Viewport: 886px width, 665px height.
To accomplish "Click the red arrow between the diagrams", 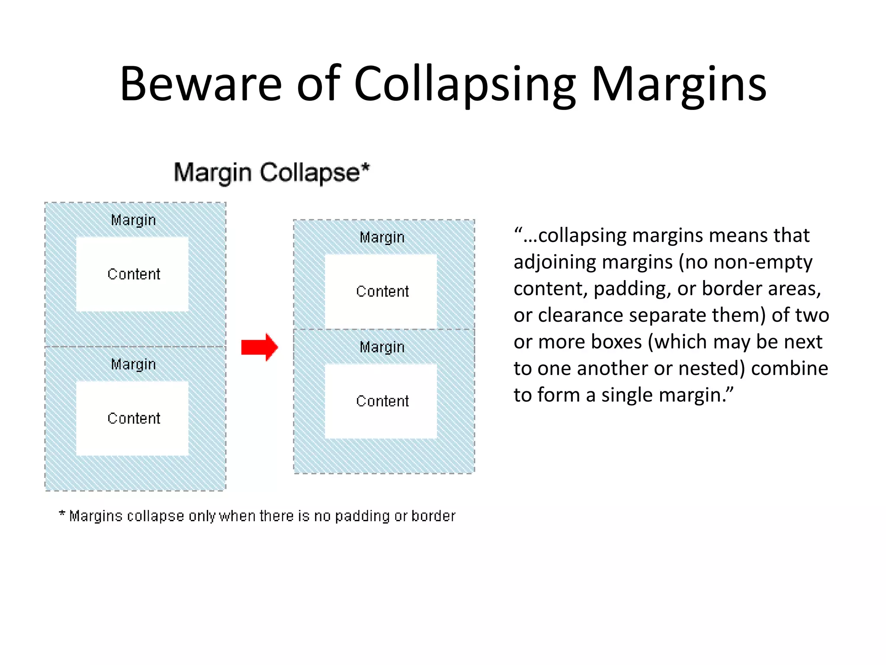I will click(259, 347).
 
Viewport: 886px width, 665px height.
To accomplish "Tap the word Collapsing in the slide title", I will click(465, 84).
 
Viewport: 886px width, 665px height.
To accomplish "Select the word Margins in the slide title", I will click(679, 84).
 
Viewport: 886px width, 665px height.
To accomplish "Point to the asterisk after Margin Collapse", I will click(366, 167).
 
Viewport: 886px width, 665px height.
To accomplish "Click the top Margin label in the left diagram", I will click(133, 220).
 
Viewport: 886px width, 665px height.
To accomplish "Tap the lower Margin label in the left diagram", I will click(133, 365).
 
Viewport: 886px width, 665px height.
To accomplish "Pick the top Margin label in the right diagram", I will click(382, 238).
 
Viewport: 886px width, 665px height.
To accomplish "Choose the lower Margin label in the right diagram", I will click(382, 347).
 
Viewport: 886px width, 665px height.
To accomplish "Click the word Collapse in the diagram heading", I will click(310, 173).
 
